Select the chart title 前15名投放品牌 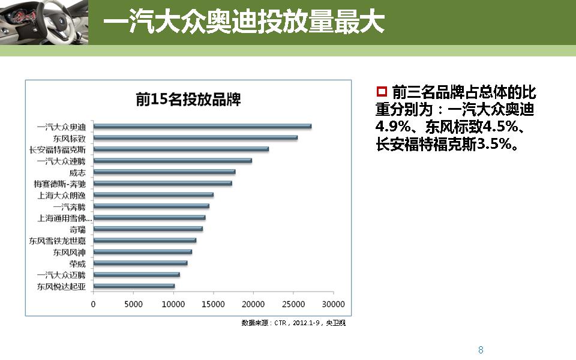click(x=188, y=100)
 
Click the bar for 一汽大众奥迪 click(x=202, y=126)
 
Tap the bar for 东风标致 click(x=195, y=137)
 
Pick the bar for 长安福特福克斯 click(x=181, y=149)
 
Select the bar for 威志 click(x=164, y=172)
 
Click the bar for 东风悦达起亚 click(x=134, y=286)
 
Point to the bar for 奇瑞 click(x=148, y=229)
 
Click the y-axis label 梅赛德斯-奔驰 click(x=59, y=184)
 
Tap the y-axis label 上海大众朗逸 click(x=61, y=195)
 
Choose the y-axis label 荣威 click(x=77, y=263)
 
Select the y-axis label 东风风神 click(x=69, y=252)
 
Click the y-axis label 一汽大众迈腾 click(x=61, y=275)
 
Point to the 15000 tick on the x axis click(x=213, y=304)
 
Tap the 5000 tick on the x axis click(x=133, y=304)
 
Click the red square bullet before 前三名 click(x=380, y=92)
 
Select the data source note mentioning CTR click(x=293, y=323)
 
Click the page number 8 click(x=481, y=350)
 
